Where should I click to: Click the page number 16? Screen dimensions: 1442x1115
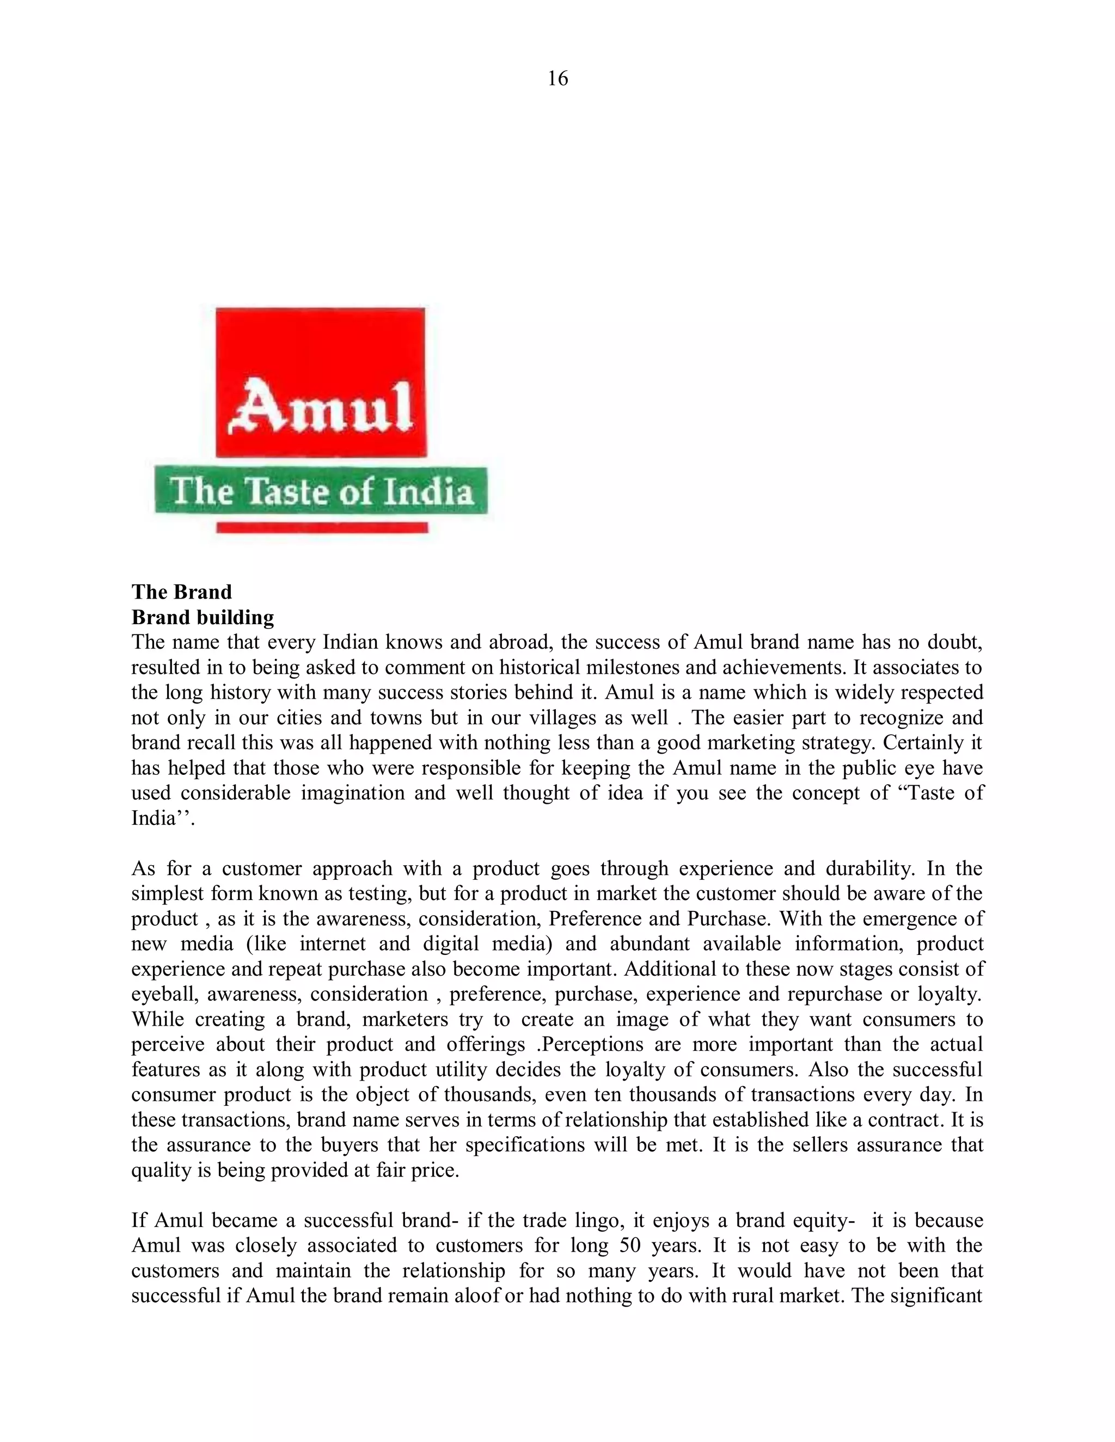557,78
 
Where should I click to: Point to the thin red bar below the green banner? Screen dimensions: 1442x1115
322,527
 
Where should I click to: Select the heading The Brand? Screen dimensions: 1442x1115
182,591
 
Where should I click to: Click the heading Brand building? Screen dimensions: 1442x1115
202,618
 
